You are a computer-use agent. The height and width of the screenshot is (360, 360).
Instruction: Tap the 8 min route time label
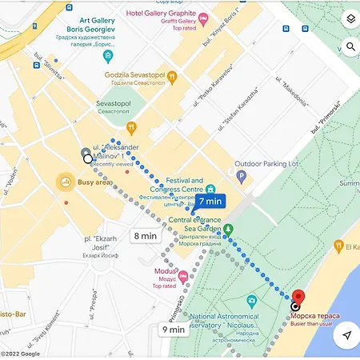(146, 235)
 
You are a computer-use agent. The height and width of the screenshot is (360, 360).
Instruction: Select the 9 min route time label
(174, 328)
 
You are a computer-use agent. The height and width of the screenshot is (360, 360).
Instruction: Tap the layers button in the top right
(349, 19)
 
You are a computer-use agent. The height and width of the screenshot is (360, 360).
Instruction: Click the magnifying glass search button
(349, 47)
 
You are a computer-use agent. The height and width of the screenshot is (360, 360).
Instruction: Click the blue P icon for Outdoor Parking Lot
(241, 175)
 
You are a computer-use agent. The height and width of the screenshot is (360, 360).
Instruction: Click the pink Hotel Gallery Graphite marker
(203, 16)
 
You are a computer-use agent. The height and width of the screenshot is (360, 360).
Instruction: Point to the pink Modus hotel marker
(183, 276)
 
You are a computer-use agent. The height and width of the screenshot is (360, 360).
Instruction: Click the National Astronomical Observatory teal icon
(253, 302)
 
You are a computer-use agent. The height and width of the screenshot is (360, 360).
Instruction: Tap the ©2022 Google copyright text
(20, 354)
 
